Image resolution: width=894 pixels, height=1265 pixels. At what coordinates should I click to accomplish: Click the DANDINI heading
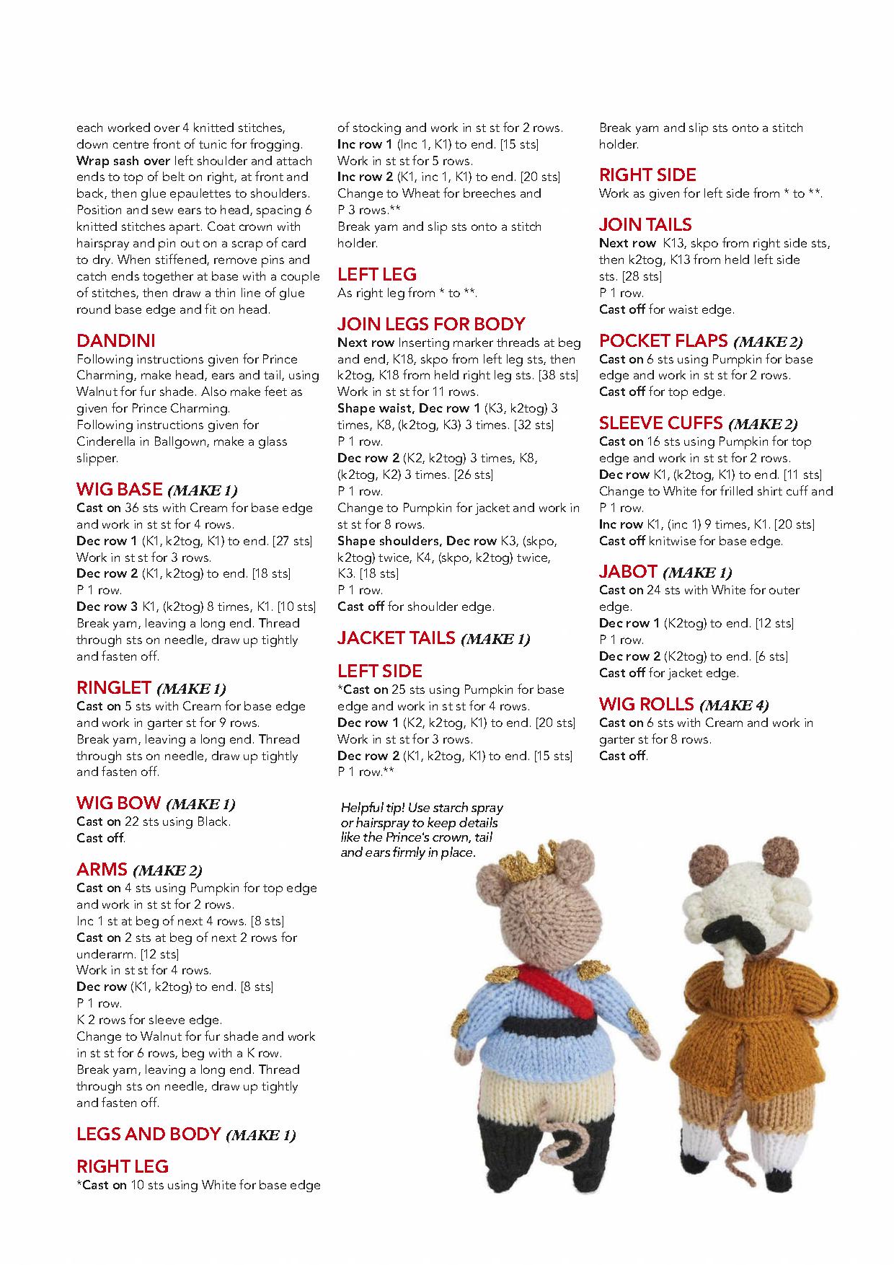coord(115,340)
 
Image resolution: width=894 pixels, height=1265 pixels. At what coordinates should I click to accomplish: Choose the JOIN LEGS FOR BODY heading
coord(431,324)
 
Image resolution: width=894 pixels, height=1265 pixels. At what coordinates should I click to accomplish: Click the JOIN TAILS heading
coord(645,225)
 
